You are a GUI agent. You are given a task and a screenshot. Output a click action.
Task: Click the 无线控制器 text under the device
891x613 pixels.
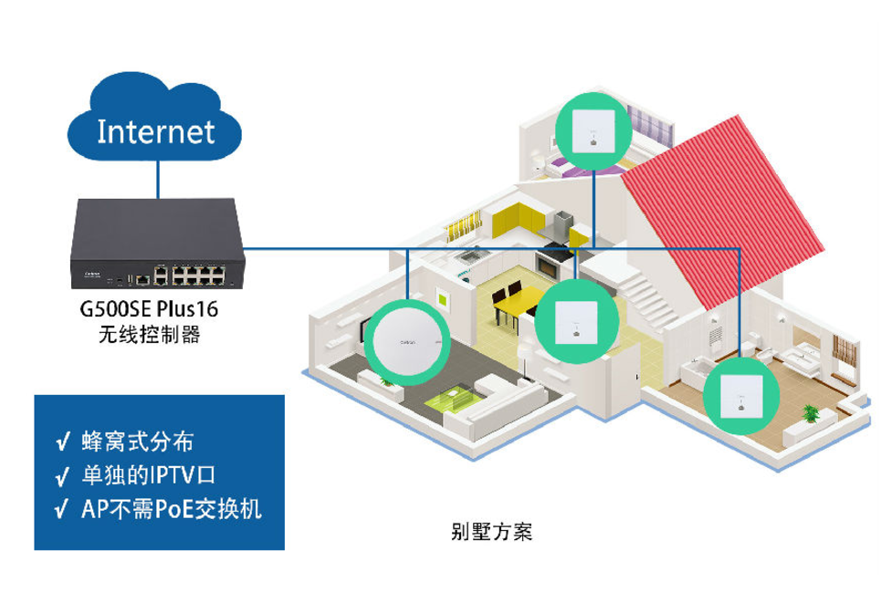click(149, 335)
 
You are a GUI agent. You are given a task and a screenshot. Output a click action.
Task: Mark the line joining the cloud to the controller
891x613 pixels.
click(157, 178)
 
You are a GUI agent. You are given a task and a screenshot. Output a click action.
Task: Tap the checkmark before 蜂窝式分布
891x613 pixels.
click(62, 444)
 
